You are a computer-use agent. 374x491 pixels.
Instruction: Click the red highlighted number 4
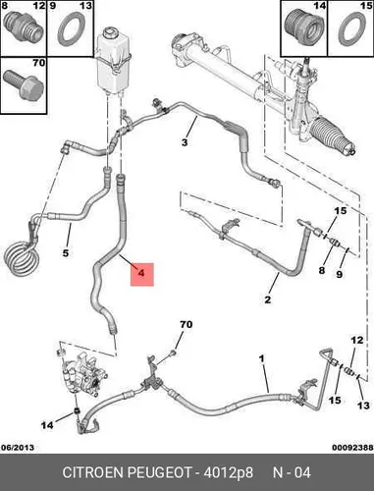[141, 272]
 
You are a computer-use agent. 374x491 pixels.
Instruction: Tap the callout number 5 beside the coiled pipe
[66, 252]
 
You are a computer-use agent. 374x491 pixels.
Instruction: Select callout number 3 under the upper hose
[185, 142]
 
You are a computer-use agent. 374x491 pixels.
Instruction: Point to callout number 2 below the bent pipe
[268, 300]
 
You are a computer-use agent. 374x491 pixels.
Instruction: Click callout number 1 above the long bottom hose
[261, 358]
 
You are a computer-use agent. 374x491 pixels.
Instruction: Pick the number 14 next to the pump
[47, 425]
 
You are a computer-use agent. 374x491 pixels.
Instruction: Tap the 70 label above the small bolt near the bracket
[186, 324]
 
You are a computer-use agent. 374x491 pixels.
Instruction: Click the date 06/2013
[18, 447]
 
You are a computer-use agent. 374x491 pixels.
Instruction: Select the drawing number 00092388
[352, 447]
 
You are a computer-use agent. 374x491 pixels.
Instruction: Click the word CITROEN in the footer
[93, 472]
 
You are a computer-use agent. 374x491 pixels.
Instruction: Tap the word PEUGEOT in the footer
[159, 472]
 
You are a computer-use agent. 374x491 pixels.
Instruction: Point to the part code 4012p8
[229, 472]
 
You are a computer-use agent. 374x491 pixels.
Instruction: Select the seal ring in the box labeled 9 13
[71, 29]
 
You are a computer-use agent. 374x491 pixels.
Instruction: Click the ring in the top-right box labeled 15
[352, 29]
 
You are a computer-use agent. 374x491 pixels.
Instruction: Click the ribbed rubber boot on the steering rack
[330, 134]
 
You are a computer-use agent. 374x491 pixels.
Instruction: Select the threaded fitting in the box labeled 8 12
[24, 26]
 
